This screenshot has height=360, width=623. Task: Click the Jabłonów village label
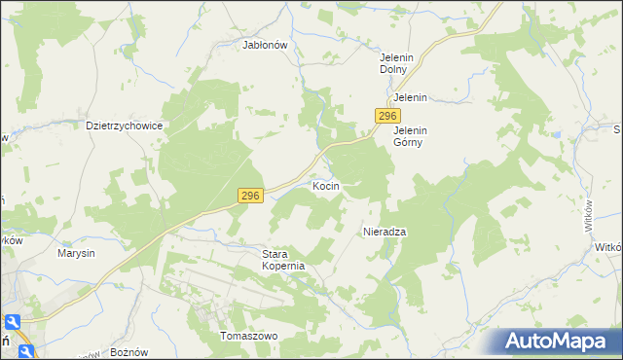(x=264, y=44)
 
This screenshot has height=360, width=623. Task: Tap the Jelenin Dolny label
(x=397, y=64)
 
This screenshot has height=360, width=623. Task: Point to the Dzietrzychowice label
(x=124, y=126)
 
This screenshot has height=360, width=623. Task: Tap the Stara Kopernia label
(x=284, y=260)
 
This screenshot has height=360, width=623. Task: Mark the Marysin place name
(x=76, y=253)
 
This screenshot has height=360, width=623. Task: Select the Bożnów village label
(x=128, y=351)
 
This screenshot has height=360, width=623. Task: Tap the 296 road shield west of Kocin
(x=250, y=197)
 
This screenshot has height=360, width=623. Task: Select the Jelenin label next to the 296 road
(x=411, y=98)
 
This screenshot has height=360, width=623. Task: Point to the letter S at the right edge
(x=617, y=129)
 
